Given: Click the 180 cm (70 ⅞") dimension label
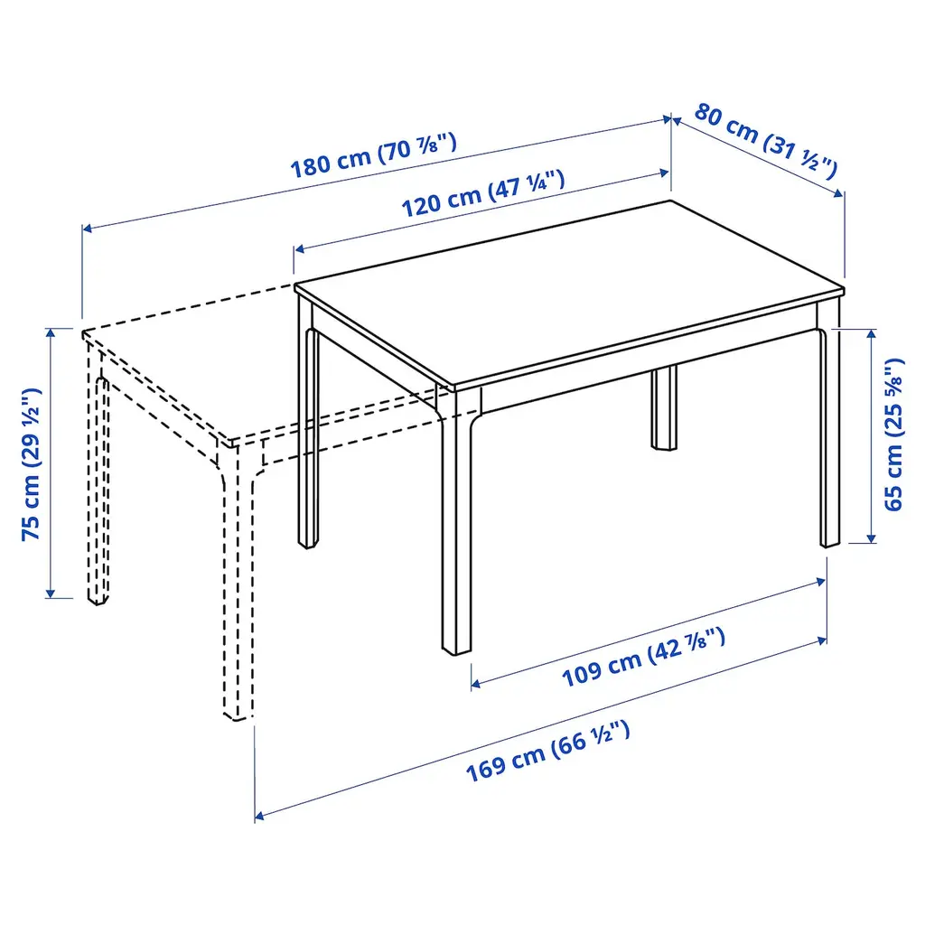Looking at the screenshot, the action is pyautogui.click(x=373, y=155).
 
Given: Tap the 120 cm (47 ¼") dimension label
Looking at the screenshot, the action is pyautogui.click(x=483, y=193).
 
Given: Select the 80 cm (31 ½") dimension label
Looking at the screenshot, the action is pyautogui.click(x=766, y=141).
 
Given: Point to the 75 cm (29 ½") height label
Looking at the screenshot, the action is pyautogui.click(x=31, y=464).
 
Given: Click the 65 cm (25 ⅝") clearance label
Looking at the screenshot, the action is pyautogui.click(x=893, y=434).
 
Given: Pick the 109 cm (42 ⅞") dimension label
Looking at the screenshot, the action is pyautogui.click(x=643, y=658).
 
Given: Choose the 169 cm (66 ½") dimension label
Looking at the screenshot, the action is pyautogui.click(x=548, y=751).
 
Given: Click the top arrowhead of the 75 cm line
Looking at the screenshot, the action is pyautogui.click(x=51, y=332).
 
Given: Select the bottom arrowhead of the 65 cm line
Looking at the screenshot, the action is pyautogui.click(x=871, y=538).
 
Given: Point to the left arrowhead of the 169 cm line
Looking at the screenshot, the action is pyautogui.click(x=259, y=817).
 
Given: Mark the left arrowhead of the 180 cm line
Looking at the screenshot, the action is pyautogui.click(x=87, y=229).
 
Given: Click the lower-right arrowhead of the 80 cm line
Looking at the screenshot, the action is pyautogui.click(x=839, y=193).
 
